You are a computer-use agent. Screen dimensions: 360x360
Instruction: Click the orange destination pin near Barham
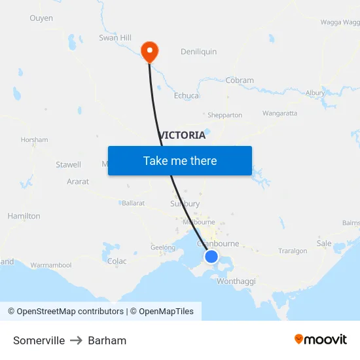[x=150, y=51]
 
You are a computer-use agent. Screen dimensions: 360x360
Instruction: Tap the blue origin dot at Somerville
[x=211, y=257]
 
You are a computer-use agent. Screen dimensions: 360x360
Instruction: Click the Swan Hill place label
[x=115, y=38]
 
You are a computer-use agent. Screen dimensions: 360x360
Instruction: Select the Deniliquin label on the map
[x=198, y=52]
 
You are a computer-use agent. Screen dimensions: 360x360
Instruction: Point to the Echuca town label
[x=187, y=96]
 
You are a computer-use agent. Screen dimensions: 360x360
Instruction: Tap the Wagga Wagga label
[x=340, y=22]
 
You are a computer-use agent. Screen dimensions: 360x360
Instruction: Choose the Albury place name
[x=315, y=93]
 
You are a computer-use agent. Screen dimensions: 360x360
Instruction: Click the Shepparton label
[x=225, y=115]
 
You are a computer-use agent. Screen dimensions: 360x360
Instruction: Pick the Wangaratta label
[x=279, y=113]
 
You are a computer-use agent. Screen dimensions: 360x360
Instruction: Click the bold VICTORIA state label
[x=182, y=135]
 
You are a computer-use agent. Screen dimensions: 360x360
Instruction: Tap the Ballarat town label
[x=133, y=203]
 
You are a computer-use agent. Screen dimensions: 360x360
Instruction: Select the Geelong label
[x=163, y=247]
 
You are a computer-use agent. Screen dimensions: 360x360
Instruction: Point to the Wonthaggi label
[x=236, y=281]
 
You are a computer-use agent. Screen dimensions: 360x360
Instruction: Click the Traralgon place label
[x=293, y=251]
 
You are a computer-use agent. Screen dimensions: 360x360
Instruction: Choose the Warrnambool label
[x=51, y=265]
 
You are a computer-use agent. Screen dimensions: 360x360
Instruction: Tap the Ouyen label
[x=41, y=18]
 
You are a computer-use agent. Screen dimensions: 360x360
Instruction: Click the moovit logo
[x=321, y=340]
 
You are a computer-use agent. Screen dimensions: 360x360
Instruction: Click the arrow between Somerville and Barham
[x=77, y=340]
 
